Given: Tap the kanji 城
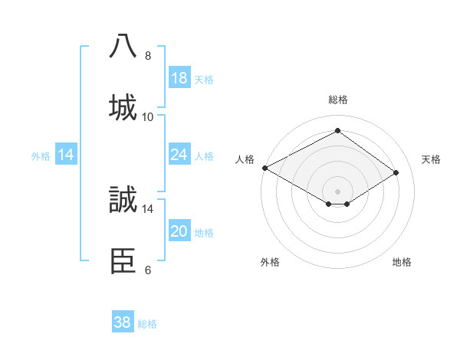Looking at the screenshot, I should [123, 107].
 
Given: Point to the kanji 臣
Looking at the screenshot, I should [123, 260].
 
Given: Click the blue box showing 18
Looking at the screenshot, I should [179, 78].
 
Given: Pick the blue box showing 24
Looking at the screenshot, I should [179, 155].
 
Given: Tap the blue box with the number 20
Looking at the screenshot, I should [179, 231].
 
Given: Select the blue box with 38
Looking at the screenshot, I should [123, 322].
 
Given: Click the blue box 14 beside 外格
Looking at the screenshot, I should [66, 155].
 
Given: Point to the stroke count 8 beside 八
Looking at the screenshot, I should [148, 56].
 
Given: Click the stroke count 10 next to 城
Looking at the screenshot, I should [148, 117].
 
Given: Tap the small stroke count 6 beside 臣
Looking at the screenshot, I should [148, 270].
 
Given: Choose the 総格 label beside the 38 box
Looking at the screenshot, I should [147, 324].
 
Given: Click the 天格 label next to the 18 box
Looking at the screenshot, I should [204, 80].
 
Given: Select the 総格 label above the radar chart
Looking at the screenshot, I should [338, 100].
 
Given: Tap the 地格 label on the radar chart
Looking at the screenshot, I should [402, 262].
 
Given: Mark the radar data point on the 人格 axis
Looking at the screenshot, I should [264, 168].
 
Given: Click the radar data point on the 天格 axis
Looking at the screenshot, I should [396, 173].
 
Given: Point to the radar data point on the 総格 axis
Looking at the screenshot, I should [337, 131].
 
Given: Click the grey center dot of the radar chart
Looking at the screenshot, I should [337, 191].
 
